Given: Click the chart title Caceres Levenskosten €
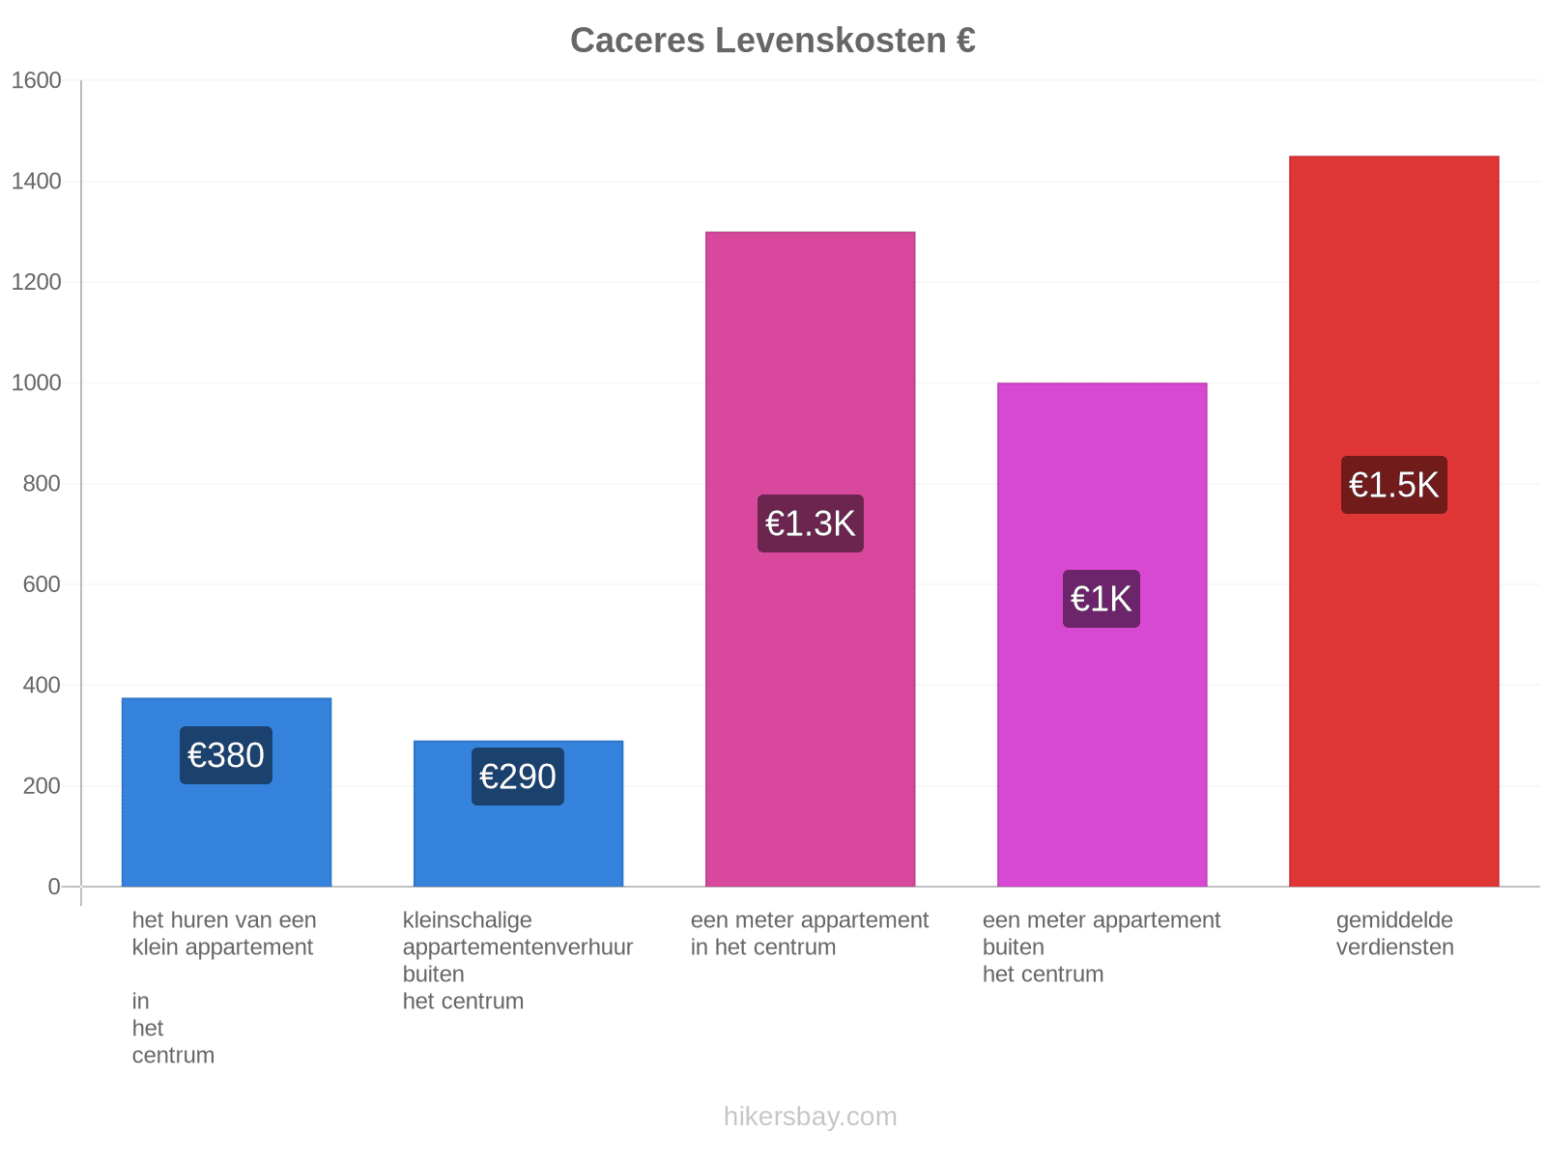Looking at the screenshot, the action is pyautogui.click(x=772, y=41).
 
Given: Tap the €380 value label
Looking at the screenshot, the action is pyautogui.click(x=225, y=755).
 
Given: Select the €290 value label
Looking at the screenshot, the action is pyautogui.click(x=518, y=777).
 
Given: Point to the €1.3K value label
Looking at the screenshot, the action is pyautogui.click(x=810, y=523).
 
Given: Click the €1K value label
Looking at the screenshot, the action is pyautogui.click(x=1101, y=599).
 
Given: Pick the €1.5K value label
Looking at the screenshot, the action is pyautogui.click(x=1394, y=485).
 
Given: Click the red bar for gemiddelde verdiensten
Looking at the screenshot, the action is pyautogui.click(x=1394, y=521).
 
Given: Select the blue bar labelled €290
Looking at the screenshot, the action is pyautogui.click(x=518, y=813).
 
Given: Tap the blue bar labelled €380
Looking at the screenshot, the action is pyautogui.click(x=226, y=792).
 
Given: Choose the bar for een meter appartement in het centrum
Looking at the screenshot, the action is pyautogui.click(x=810, y=559).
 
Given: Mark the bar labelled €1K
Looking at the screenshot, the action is pyautogui.click(x=1102, y=635).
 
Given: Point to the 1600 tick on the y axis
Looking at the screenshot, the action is pyautogui.click(x=36, y=80).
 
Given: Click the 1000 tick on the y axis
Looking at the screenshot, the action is pyautogui.click(x=36, y=382).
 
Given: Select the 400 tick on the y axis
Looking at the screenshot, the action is pyautogui.click(x=42, y=685).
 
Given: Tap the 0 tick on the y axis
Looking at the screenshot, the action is pyautogui.click(x=54, y=887).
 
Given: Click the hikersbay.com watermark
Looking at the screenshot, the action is pyautogui.click(x=810, y=1117).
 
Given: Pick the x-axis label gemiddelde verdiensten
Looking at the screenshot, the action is pyautogui.click(x=1394, y=933).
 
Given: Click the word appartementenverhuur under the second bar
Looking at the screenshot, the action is pyautogui.click(x=518, y=947).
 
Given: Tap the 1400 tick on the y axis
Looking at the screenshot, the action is pyautogui.click(x=36, y=181).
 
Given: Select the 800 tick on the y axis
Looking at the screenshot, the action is pyautogui.click(x=42, y=484).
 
